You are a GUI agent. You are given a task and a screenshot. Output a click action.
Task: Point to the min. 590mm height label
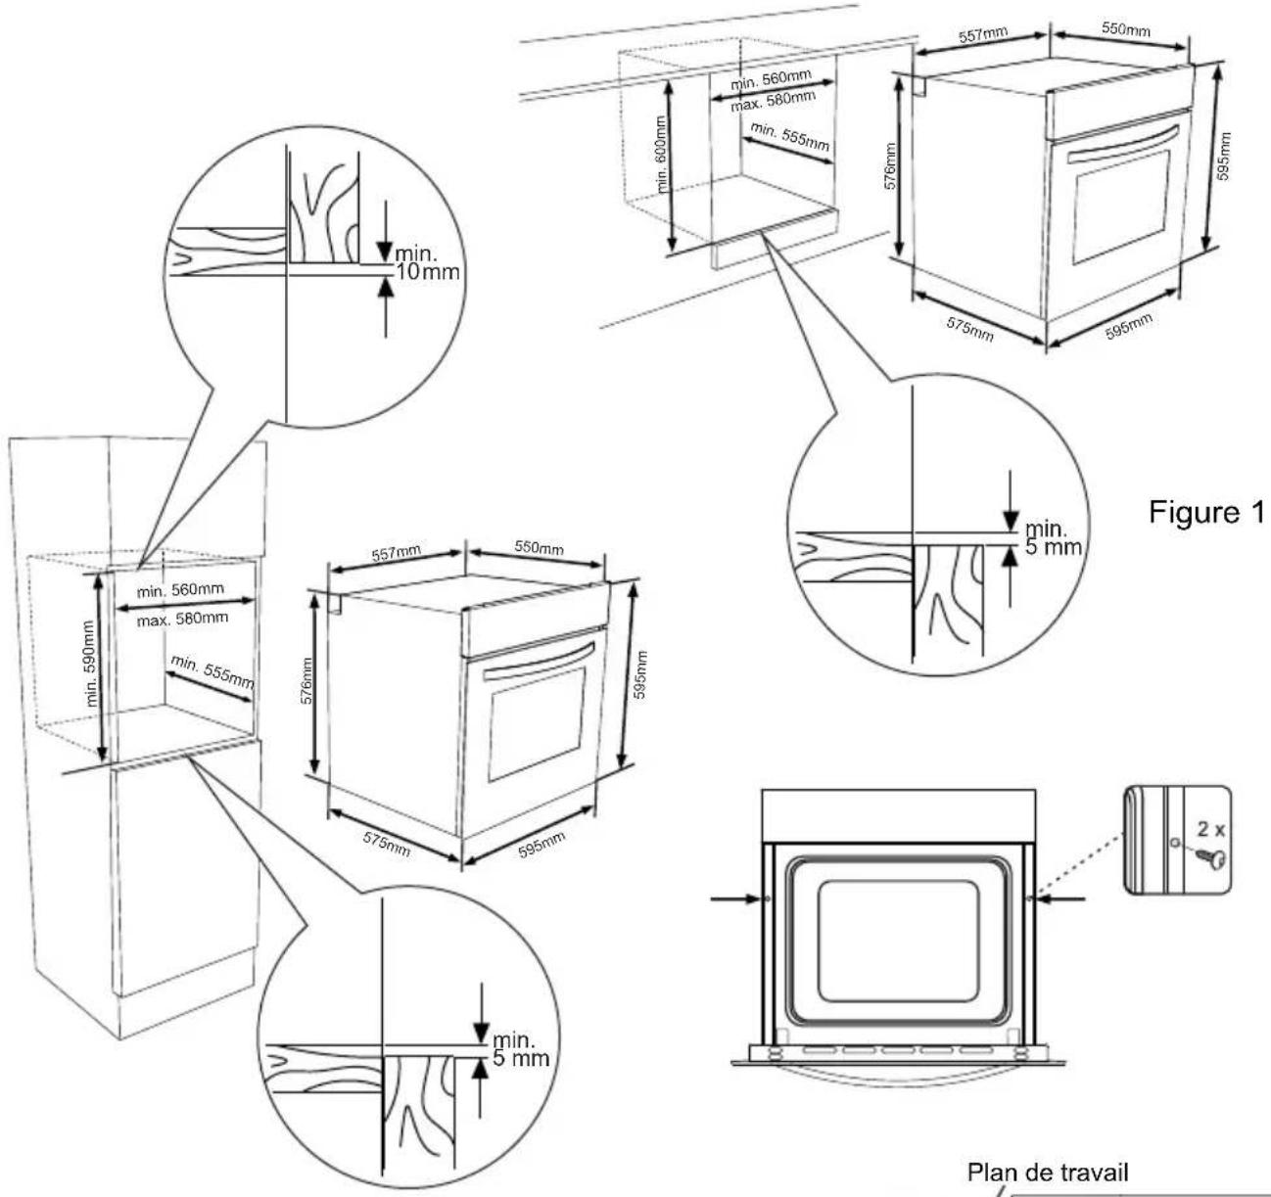(92, 663)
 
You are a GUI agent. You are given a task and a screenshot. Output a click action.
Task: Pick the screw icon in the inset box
(1202, 861)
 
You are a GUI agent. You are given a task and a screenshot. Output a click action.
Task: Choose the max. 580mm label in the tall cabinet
(182, 619)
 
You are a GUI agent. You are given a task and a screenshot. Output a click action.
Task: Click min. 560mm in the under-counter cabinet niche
(771, 79)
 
